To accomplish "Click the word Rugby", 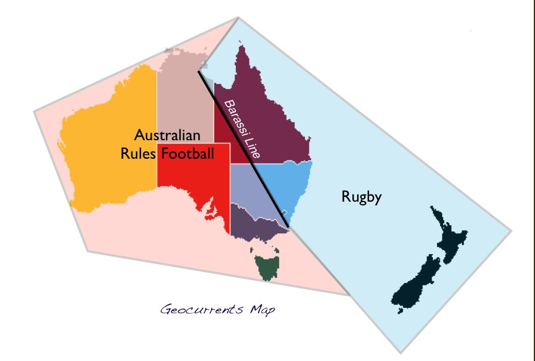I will point(361,198).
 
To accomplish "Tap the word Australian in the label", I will point(167,135).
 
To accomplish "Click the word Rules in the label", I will point(136,155).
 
